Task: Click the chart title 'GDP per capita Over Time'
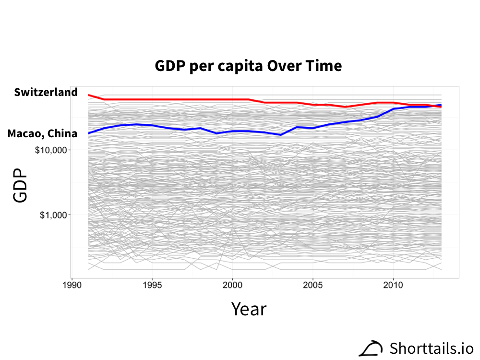click(x=248, y=66)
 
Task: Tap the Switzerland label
click(x=46, y=92)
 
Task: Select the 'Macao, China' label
click(x=42, y=133)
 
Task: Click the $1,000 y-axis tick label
click(x=54, y=215)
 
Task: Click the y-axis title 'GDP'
click(x=20, y=185)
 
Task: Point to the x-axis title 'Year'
click(x=249, y=309)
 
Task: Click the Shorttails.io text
click(x=432, y=348)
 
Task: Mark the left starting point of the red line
click(x=88, y=95)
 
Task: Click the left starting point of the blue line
click(x=88, y=133)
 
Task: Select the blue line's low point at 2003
click(x=281, y=135)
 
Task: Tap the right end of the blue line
click(x=441, y=105)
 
